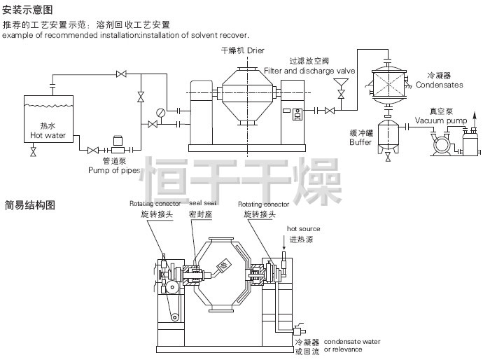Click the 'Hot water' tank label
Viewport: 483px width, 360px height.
point(48,135)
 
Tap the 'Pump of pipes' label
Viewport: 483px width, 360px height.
point(110,169)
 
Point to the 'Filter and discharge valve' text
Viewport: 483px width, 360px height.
point(310,71)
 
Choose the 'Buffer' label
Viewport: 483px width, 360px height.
point(360,142)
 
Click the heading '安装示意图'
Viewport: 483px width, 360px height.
point(27,9)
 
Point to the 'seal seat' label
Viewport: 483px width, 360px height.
point(202,203)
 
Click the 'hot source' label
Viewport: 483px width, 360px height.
point(303,229)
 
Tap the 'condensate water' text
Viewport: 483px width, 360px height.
point(352,341)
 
